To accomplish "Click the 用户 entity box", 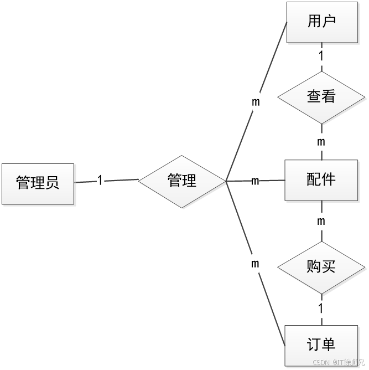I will pos(321,22).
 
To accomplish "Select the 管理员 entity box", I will pos(38,182).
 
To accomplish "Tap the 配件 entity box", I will pos(321,179).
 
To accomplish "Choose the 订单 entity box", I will pos(321,345).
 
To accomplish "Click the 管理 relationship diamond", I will pos(182,181).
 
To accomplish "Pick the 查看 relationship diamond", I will pos(321,96).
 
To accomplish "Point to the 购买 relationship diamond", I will pos(321,267).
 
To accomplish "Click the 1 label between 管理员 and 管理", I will pos(100,181).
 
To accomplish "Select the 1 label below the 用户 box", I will pos(321,56).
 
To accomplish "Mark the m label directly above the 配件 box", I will pos(321,142).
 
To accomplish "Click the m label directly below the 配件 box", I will pos(321,222).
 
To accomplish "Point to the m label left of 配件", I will pos(256,181).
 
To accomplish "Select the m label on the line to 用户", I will pos(256,102).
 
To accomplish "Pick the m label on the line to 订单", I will pos(255,264).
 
